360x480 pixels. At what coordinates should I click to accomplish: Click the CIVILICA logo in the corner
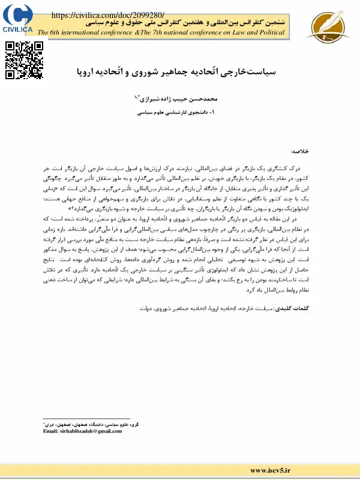19,18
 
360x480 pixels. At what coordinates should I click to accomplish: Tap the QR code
24,61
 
